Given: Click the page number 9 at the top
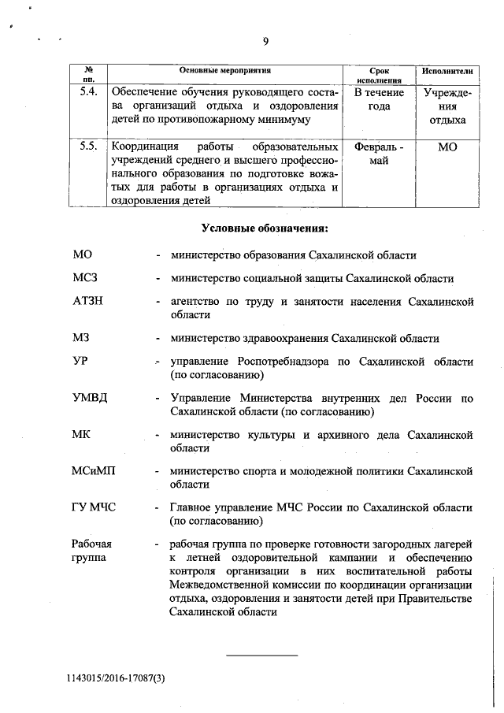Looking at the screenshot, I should pos(265,42).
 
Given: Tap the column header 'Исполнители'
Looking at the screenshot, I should pos(447,71).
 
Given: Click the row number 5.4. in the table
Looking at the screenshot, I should pos(89,93).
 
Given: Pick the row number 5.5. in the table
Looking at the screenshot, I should pos(89,147).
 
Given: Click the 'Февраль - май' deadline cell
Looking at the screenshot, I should pos(379,154).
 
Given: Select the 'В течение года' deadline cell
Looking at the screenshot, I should pos(379,100).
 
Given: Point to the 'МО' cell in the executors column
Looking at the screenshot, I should pos(447,147).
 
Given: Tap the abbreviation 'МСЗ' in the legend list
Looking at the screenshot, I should pos(86,278).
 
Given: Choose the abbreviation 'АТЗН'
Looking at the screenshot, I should pos(89,302).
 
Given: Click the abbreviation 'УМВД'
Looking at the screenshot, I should pos(90,396).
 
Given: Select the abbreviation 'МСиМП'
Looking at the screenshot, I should pos(94,471).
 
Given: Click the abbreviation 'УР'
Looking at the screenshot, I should pos(80,361).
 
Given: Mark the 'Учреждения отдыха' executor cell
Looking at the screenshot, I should pos(447,106).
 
